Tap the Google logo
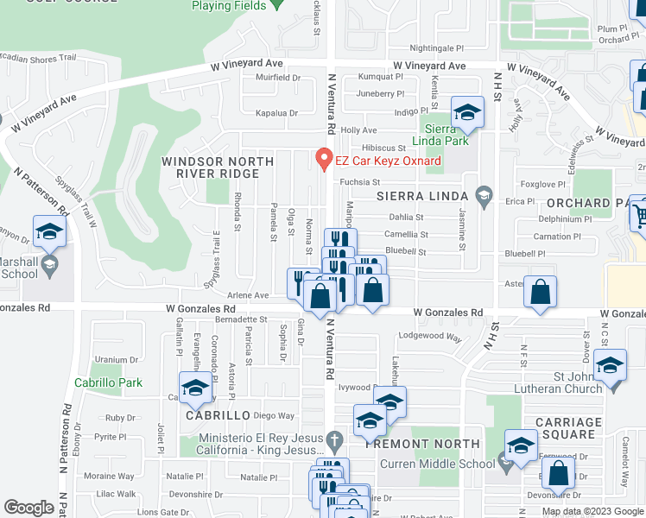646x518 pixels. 28,508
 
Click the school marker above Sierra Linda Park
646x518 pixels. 467,113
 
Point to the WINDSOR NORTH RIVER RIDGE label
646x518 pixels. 210,167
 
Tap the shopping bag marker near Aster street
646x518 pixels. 540,293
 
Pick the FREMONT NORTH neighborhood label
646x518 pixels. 422,444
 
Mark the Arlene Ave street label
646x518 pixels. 248,295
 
